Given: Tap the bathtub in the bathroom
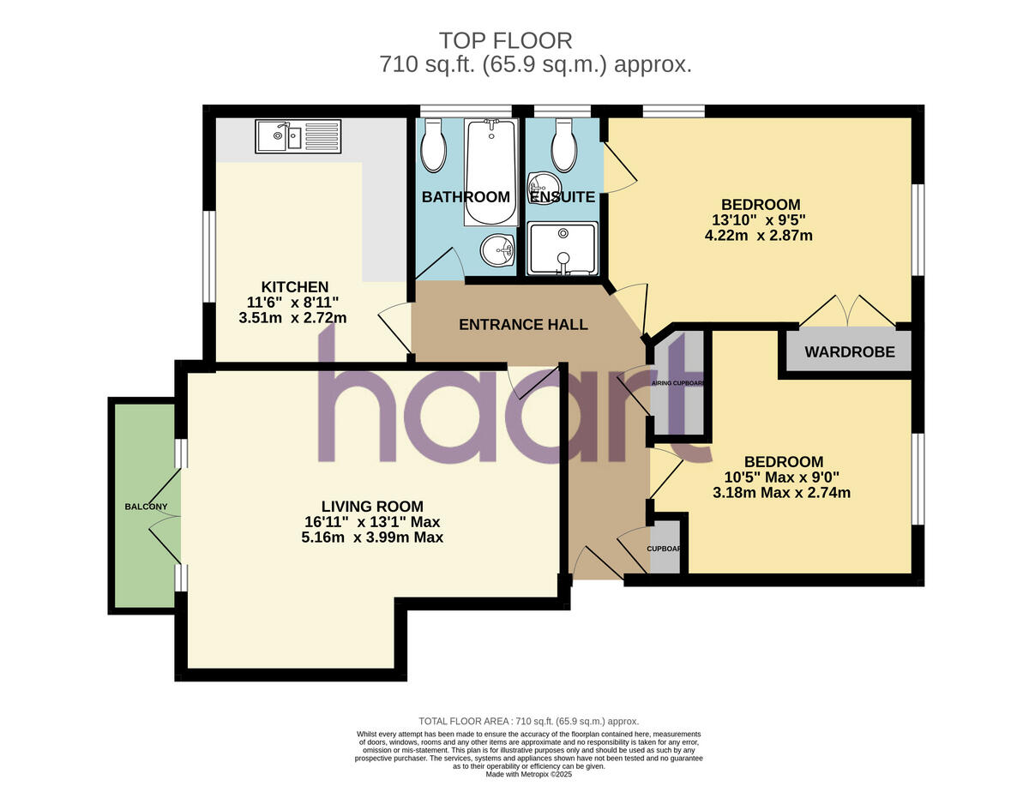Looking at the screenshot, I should click(490, 171).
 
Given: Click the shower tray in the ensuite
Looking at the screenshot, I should click(562, 249).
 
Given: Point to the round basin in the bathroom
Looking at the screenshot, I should click(497, 251).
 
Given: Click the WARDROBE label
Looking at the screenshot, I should click(849, 351).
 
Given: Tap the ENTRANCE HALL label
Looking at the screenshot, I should click(523, 325).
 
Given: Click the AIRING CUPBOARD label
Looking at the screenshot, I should click(678, 383).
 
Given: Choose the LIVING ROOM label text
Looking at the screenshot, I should click(372, 507).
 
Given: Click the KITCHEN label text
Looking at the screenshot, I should click(295, 287).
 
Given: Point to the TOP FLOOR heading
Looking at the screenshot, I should click(505, 40).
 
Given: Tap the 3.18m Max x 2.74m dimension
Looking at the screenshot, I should click(781, 493).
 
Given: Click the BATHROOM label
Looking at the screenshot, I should click(466, 197).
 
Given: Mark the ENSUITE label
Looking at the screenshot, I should click(562, 197).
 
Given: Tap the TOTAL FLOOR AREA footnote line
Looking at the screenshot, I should click(528, 722).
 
